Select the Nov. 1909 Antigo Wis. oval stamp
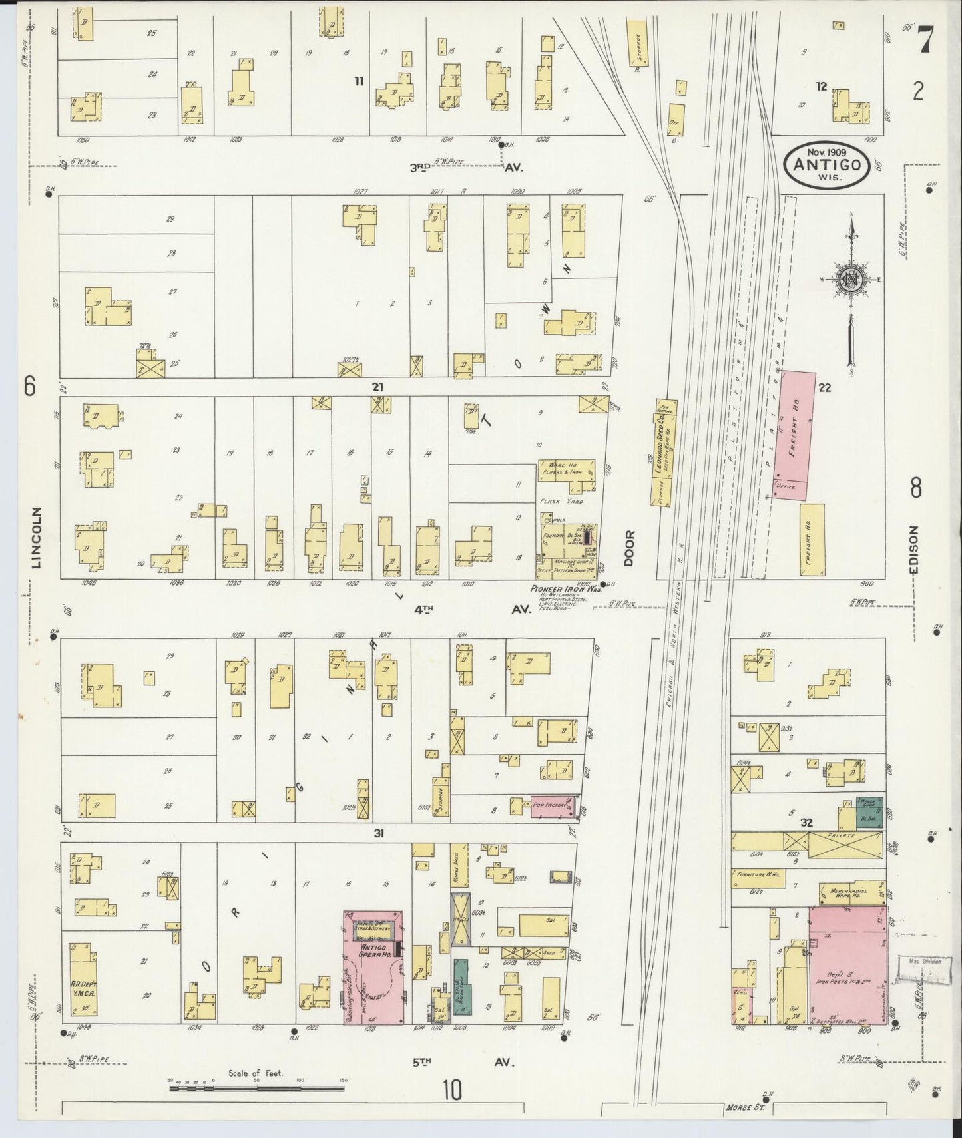(826, 166)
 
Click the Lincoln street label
(36, 538)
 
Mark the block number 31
(378, 833)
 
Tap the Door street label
(628, 548)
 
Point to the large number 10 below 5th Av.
(452, 1090)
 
